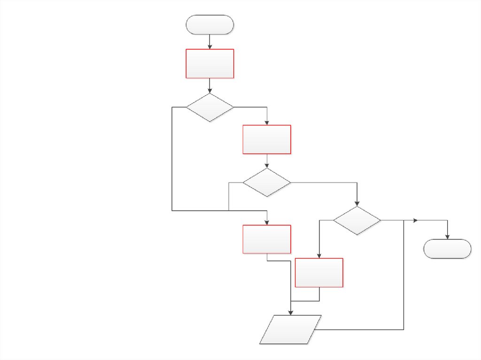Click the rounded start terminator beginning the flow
(x=210, y=24)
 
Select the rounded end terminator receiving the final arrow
(x=447, y=249)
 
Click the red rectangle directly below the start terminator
(x=210, y=63)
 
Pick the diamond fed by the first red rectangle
(x=210, y=107)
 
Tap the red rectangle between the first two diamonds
(x=267, y=139)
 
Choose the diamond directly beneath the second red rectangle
(x=267, y=182)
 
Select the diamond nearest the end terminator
(x=357, y=221)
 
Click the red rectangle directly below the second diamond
(x=267, y=239)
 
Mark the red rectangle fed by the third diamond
(x=319, y=272)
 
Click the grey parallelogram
(x=291, y=329)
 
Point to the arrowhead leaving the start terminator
(x=210, y=46)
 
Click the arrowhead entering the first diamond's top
(x=210, y=91)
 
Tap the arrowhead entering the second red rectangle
(x=267, y=123)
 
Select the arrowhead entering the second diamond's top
(x=267, y=166)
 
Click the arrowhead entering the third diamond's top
(x=357, y=204)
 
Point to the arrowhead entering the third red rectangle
(x=267, y=222)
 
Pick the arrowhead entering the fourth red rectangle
(x=319, y=256)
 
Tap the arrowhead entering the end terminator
(x=447, y=237)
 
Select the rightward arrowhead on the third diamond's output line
(x=415, y=220)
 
